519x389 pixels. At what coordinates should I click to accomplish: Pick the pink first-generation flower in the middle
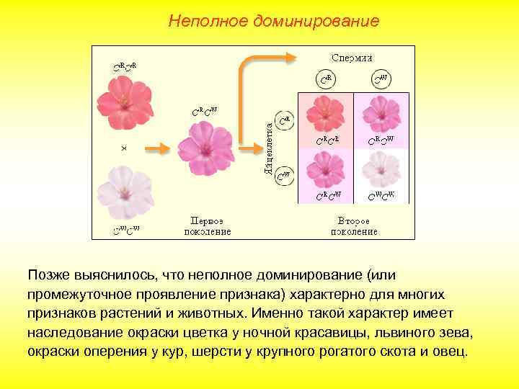click(x=206, y=147)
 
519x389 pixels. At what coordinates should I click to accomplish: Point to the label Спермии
click(x=352, y=57)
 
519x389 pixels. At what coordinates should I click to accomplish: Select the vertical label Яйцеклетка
click(x=268, y=147)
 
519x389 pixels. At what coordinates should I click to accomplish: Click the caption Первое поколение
click(x=210, y=225)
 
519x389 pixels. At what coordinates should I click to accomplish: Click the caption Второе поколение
click(x=354, y=225)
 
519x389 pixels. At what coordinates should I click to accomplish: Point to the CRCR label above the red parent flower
click(x=125, y=68)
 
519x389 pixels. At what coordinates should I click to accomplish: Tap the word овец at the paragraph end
click(x=448, y=352)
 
